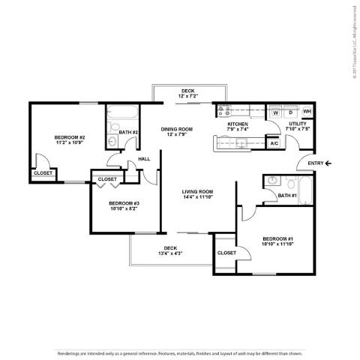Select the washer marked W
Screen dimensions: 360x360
pos(276,112)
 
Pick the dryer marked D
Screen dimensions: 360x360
pos(290,112)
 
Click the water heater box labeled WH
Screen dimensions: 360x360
pos(307,112)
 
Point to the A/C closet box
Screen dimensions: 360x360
pos(274,142)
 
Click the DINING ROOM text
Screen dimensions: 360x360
pos(177,129)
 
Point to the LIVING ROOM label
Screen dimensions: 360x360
pos(198,192)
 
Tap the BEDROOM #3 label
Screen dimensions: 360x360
pos(124,203)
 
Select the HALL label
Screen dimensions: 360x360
pos(144,159)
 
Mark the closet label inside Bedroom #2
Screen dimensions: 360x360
pos(42,174)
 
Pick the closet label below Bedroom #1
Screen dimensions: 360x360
pos(226,253)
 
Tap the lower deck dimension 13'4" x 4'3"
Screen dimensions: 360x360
pos(170,253)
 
